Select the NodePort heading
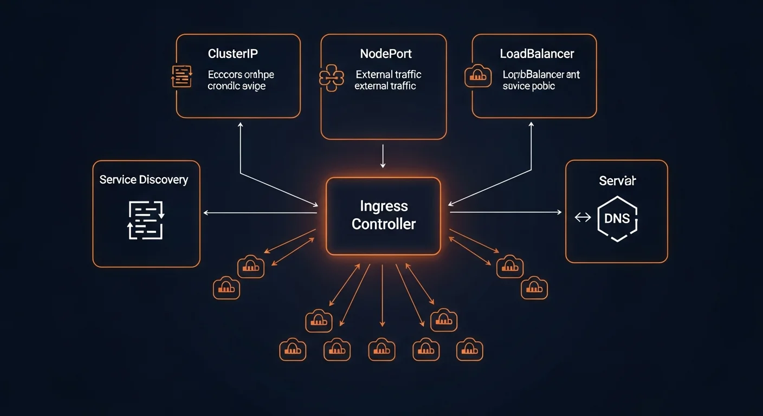pos(386,54)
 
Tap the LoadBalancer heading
pos(536,54)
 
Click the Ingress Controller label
pos(383,215)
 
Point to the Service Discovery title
pos(144,180)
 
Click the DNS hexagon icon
pos(617,218)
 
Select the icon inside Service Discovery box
pos(146,220)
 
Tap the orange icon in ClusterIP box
pos(182,76)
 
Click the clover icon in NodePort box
pos(332,77)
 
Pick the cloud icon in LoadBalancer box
pos(478,76)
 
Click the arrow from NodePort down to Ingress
pos(383,156)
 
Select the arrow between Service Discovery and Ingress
pos(260,213)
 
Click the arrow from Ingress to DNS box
pos(505,212)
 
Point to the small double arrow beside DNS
pos(583,218)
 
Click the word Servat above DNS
pos(617,181)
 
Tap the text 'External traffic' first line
pos(388,75)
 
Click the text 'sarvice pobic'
pos(528,86)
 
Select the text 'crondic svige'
pos(236,86)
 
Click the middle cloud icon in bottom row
pos(381,349)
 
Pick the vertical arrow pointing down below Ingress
pos(383,295)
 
